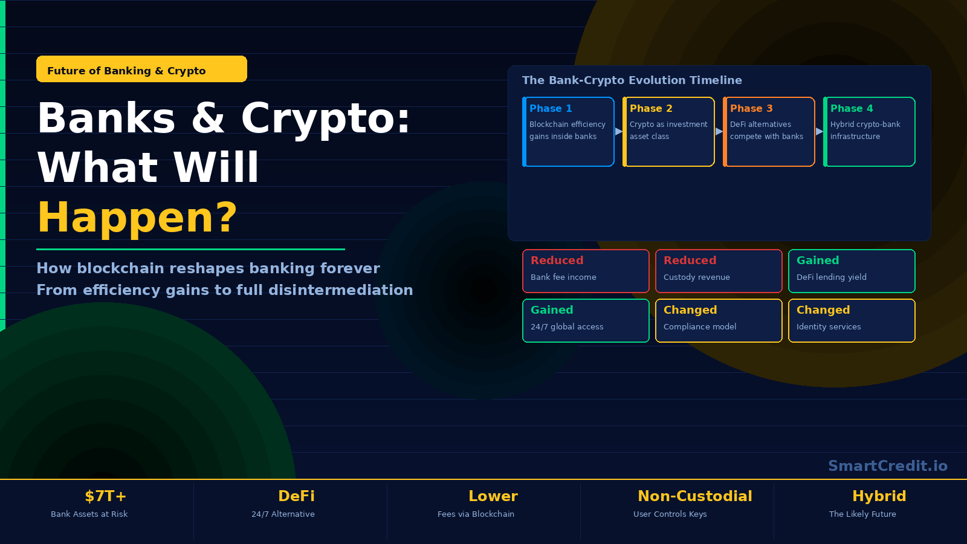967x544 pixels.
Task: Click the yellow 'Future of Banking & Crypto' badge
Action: tap(141, 69)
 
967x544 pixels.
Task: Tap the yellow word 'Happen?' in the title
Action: tap(137, 218)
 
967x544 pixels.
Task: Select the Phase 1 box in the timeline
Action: tap(568, 132)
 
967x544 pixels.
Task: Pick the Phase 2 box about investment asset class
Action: tap(668, 132)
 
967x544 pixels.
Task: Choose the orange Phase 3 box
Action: tap(769, 132)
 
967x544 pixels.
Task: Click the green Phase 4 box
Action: tap(869, 132)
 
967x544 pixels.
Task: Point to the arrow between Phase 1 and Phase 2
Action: tap(619, 132)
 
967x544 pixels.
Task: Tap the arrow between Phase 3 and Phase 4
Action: tap(820, 132)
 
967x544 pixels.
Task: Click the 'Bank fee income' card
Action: tap(586, 271)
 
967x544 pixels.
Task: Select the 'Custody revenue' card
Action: tap(719, 271)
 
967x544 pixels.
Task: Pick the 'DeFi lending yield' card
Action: tap(852, 271)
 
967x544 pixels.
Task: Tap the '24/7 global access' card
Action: tap(586, 320)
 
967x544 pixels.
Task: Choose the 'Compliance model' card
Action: tap(719, 320)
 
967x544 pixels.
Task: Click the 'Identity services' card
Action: tap(852, 320)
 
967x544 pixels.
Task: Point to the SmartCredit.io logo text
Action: tap(888, 466)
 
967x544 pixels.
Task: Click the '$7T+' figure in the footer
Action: tap(106, 496)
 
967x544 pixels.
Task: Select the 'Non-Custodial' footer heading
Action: tap(695, 496)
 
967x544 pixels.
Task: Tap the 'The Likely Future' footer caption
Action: tap(862, 514)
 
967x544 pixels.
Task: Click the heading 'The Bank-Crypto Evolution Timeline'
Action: tap(632, 80)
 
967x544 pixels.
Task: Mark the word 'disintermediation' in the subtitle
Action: tap(341, 290)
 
